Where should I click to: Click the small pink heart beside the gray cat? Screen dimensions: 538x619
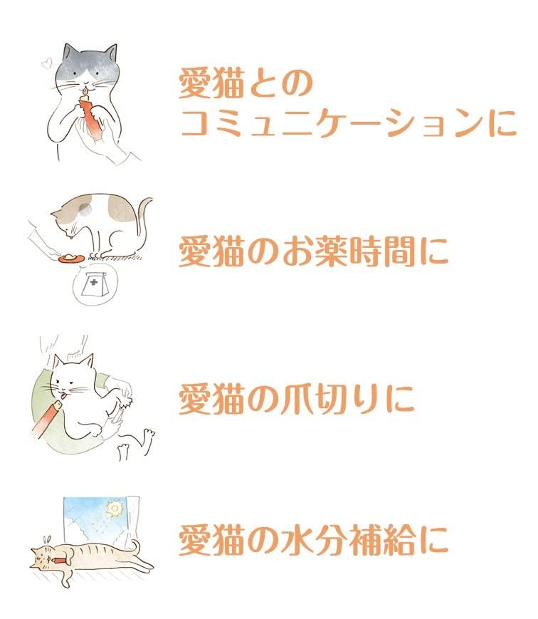[47, 63]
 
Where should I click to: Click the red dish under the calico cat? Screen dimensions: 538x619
[70, 259]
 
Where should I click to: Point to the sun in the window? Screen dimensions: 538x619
[114, 509]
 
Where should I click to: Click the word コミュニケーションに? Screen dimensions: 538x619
[349, 123]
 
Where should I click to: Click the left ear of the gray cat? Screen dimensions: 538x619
[70, 51]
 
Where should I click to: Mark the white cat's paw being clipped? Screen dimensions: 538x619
[125, 402]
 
